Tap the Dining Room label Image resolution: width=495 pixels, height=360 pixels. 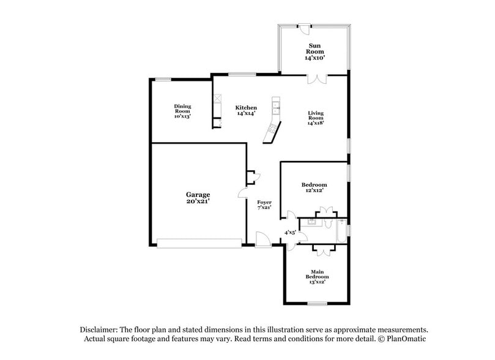(x=182, y=108)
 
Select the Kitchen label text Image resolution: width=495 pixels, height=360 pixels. (x=246, y=108)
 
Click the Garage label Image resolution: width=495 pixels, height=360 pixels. (x=198, y=194)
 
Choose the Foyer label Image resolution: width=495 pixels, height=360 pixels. (x=264, y=202)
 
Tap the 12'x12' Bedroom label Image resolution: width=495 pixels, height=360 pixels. (x=314, y=185)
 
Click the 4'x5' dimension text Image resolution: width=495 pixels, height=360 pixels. (x=291, y=233)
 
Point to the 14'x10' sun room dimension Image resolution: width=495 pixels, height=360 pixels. (x=315, y=58)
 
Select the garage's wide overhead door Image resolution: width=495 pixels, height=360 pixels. (x=199, y=243)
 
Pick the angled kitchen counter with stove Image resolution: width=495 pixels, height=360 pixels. (x=270, y=131)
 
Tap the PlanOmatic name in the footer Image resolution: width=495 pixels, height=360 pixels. (x=404, y=339)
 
